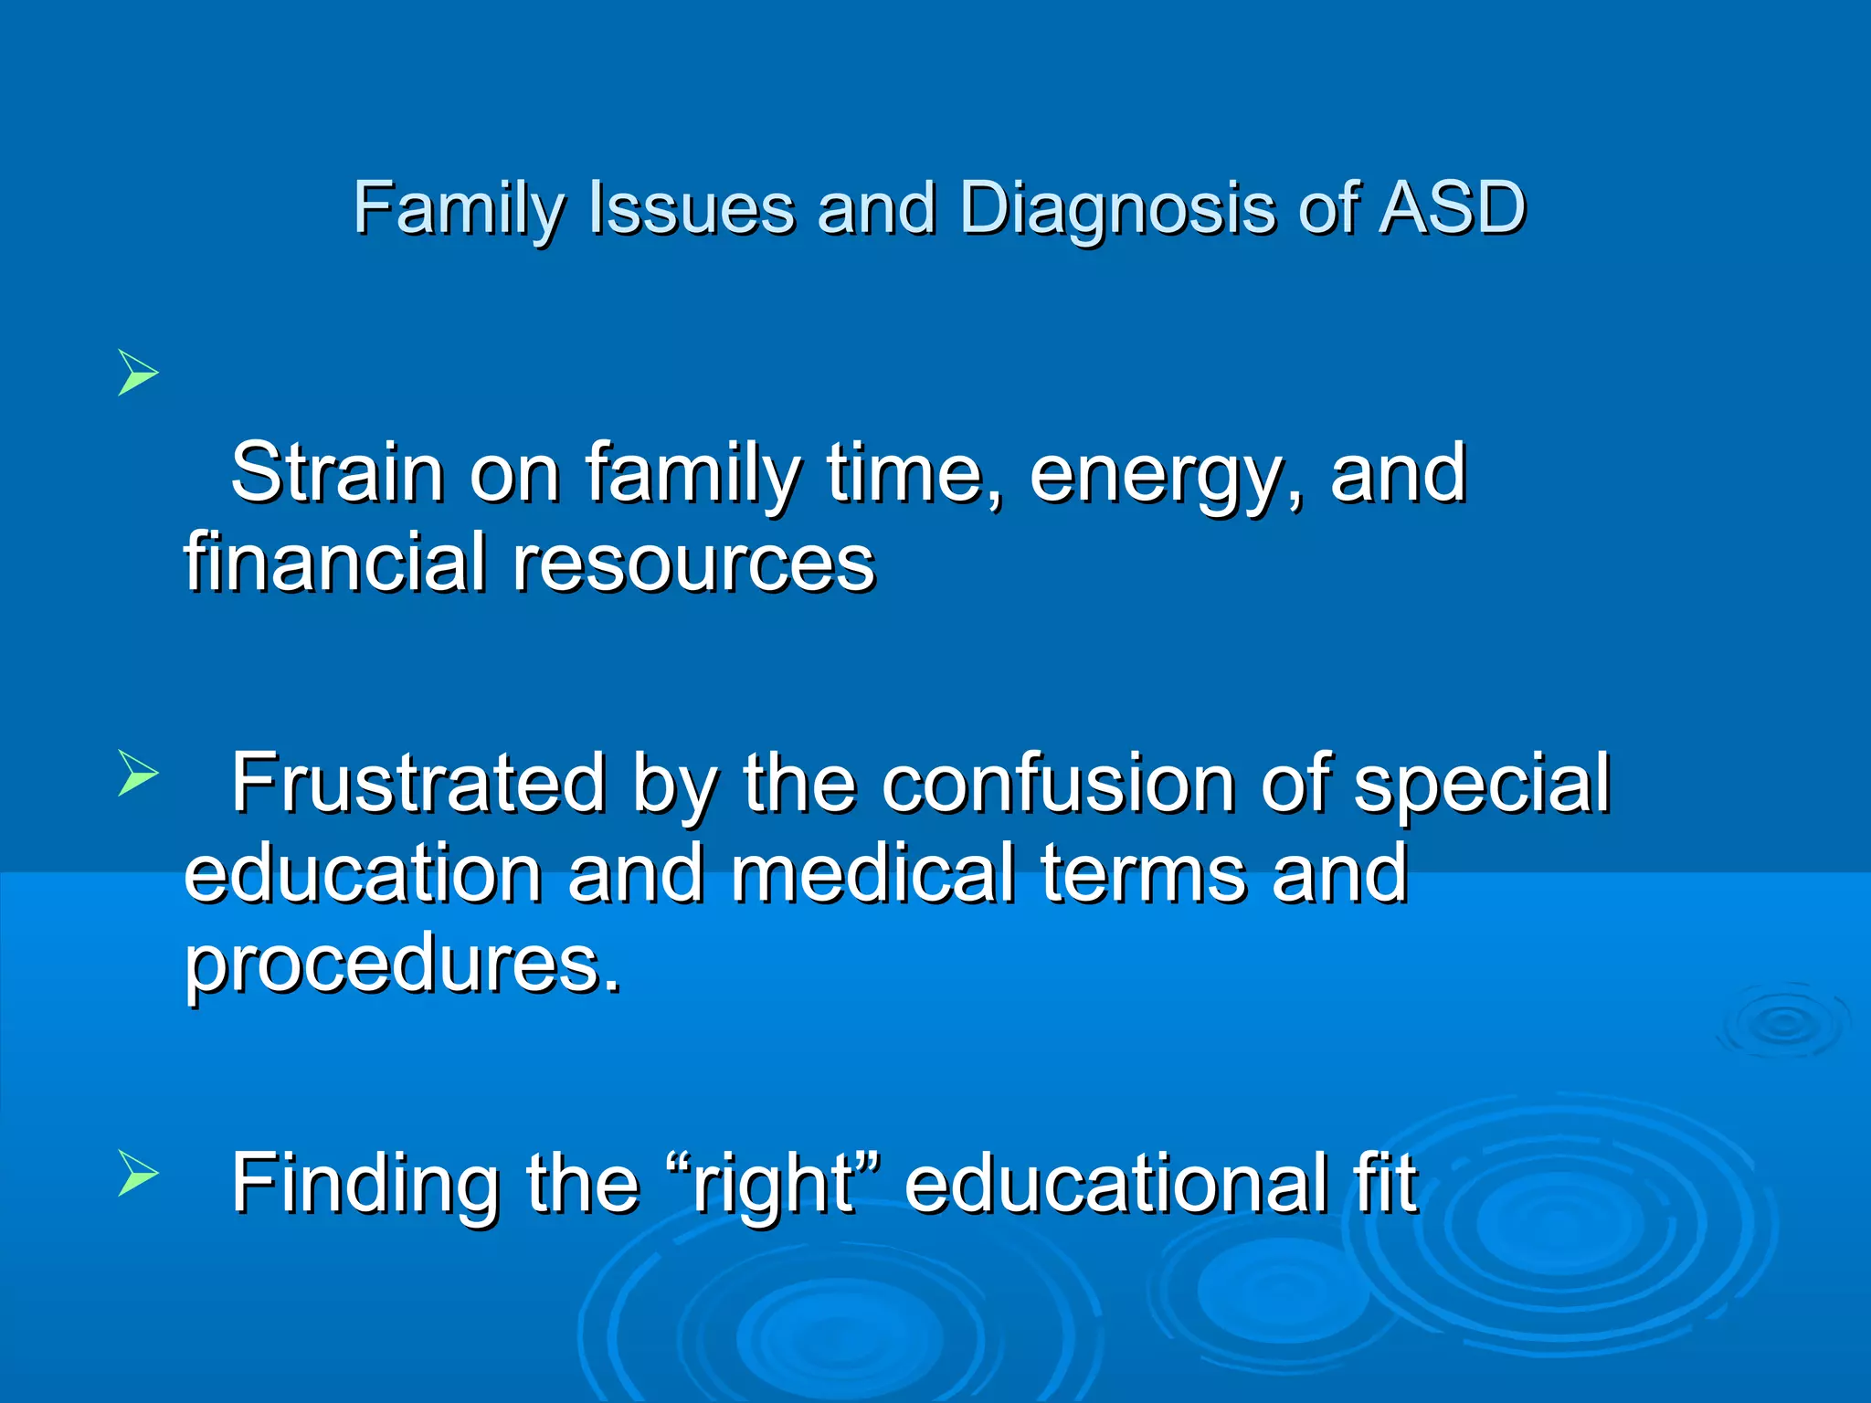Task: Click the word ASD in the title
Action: (1453, 208)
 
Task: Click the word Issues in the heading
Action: (692, 208)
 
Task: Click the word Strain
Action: (337, 473)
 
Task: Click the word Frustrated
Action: (418, 783)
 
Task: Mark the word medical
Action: (872, 874)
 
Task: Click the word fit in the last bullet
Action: (1385, 1185)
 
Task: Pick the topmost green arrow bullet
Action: (138, 373)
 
